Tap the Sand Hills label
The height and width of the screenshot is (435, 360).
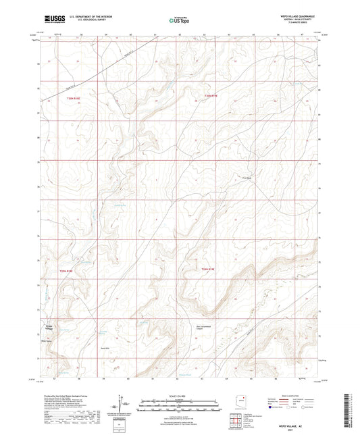pyautogui.click(x=105, y=344)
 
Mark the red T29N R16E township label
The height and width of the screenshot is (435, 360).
pyautogui.click(x=65, y=270)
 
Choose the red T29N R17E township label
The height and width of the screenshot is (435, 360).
pyautogui.click(x=207, y=269)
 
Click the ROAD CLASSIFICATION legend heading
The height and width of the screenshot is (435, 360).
pyautogui.click(x=292, y=395)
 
